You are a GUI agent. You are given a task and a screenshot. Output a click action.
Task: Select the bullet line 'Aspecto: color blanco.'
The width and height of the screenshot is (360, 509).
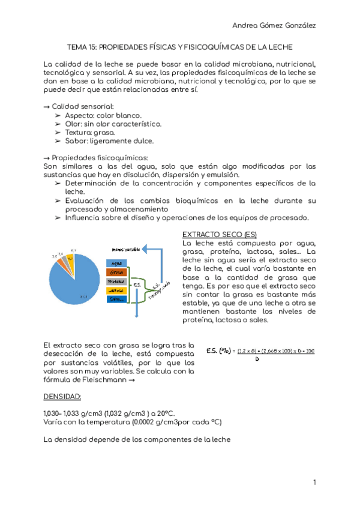pos(103,115)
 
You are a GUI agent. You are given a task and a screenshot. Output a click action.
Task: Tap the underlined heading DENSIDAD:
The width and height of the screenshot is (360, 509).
pos(66,397)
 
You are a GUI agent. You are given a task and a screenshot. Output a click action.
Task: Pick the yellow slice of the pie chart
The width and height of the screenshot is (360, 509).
pos(70,259)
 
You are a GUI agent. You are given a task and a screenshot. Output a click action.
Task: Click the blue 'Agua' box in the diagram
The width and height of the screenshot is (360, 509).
pos(116,263)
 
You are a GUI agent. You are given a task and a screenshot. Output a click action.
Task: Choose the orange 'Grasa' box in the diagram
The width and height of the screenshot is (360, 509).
pos(116,272)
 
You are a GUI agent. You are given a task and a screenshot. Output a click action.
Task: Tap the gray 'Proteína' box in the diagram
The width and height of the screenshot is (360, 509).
pos(116,281)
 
